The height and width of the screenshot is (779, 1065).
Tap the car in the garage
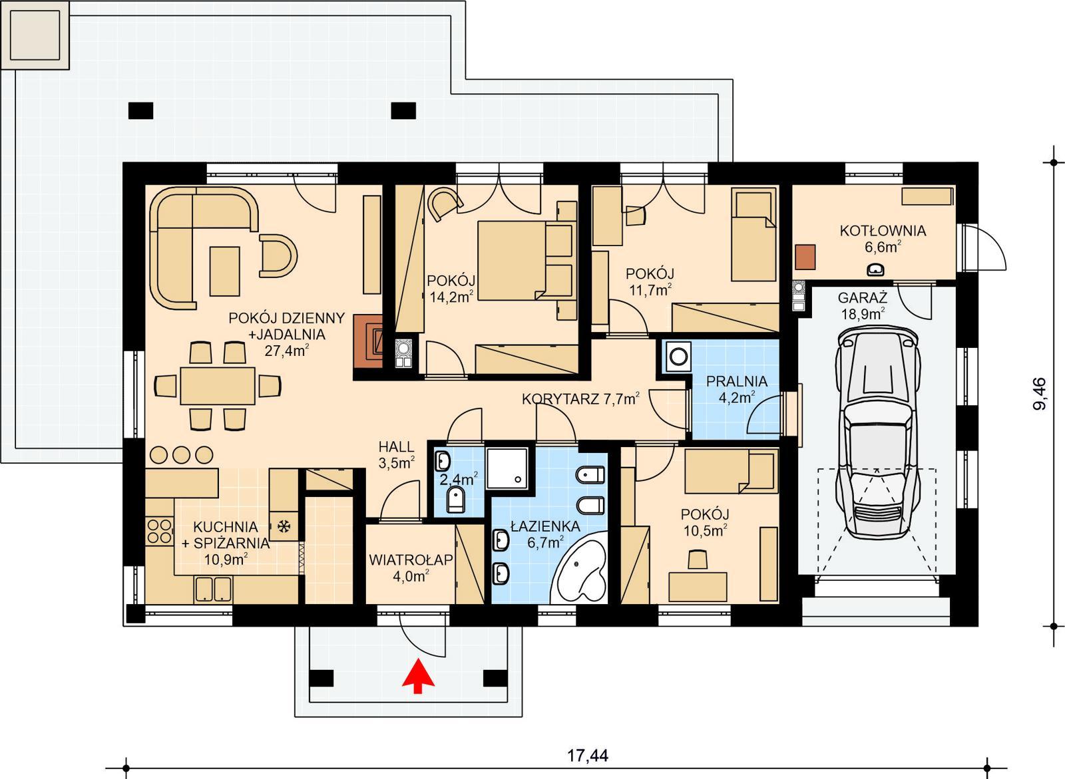[x=878, y=435]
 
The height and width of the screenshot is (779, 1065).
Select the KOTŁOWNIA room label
[x=883, y=231]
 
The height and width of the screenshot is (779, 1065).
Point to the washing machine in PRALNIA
[x=678, y=356]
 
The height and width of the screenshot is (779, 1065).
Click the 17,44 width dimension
[x=587, y=756]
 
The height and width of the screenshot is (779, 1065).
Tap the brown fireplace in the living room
[x=368, y=339]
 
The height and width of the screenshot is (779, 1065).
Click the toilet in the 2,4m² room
[x=456, y=499]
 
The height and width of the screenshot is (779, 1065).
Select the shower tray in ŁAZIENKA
[x=509, y=468]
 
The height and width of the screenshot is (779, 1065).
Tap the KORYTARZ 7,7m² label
[x=580, y=399]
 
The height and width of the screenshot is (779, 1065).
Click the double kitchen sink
[x=213, y=589]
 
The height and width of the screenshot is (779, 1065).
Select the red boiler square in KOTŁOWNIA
[x=805, y=257]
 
